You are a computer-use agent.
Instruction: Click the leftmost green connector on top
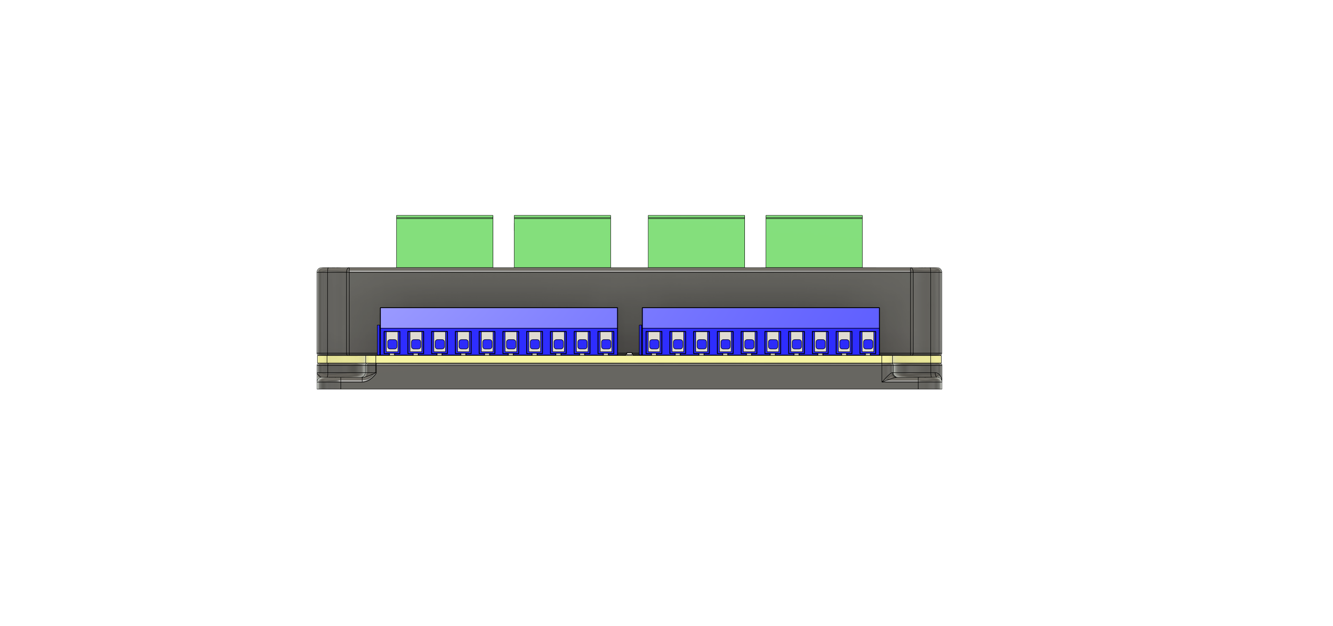pyautogui.click(x=445, y=240)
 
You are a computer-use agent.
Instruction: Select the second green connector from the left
pyautogui.click(x=562, y=240)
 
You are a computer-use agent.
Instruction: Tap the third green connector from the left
pyautogui.click(x=696, y=240)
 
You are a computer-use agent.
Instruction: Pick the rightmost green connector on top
pyautogui.click(x=814, y=240)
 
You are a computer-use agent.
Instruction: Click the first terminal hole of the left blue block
pyautogui.click(x=392, y=344)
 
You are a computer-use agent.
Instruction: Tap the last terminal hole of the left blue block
pyautogui.click(x=606, y=344)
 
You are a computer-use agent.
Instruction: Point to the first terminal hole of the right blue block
pyautogui.click(x=654, y=344)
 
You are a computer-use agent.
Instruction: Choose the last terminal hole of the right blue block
pyautogui.click(x=868, y=344)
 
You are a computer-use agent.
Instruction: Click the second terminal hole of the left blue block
pyautogui.click(x=416, y=344)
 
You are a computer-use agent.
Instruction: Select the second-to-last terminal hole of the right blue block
pyautogui.click(x=844, y=344)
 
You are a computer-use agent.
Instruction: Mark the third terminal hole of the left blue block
pyautogui.click(x=439, y=344)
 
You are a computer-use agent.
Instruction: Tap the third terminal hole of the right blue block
pyautogui.click(x=702, y=344)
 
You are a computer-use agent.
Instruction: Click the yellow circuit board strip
pyautogui.click(x=629, y=360)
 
